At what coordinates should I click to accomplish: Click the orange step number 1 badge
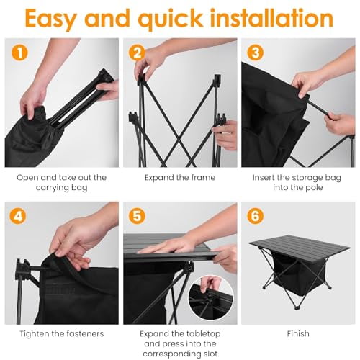19,53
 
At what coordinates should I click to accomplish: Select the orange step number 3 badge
256,53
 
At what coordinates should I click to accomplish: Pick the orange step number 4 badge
19,215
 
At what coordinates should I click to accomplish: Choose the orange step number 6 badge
256,215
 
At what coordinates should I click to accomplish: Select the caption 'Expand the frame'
180,176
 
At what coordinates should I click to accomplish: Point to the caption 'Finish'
298,333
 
